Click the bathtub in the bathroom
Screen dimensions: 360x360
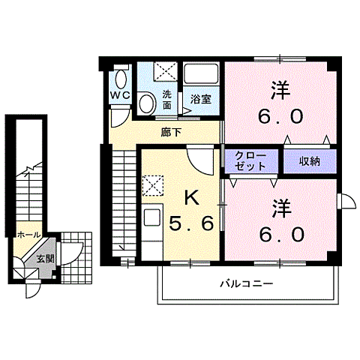point(200,76)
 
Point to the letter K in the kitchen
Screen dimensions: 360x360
point(191,199)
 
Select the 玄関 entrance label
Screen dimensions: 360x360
point(45,258)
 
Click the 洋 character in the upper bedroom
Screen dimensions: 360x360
point(280,89)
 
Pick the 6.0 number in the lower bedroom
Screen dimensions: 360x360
point(282,234)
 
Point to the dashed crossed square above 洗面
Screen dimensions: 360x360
point(165,73)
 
